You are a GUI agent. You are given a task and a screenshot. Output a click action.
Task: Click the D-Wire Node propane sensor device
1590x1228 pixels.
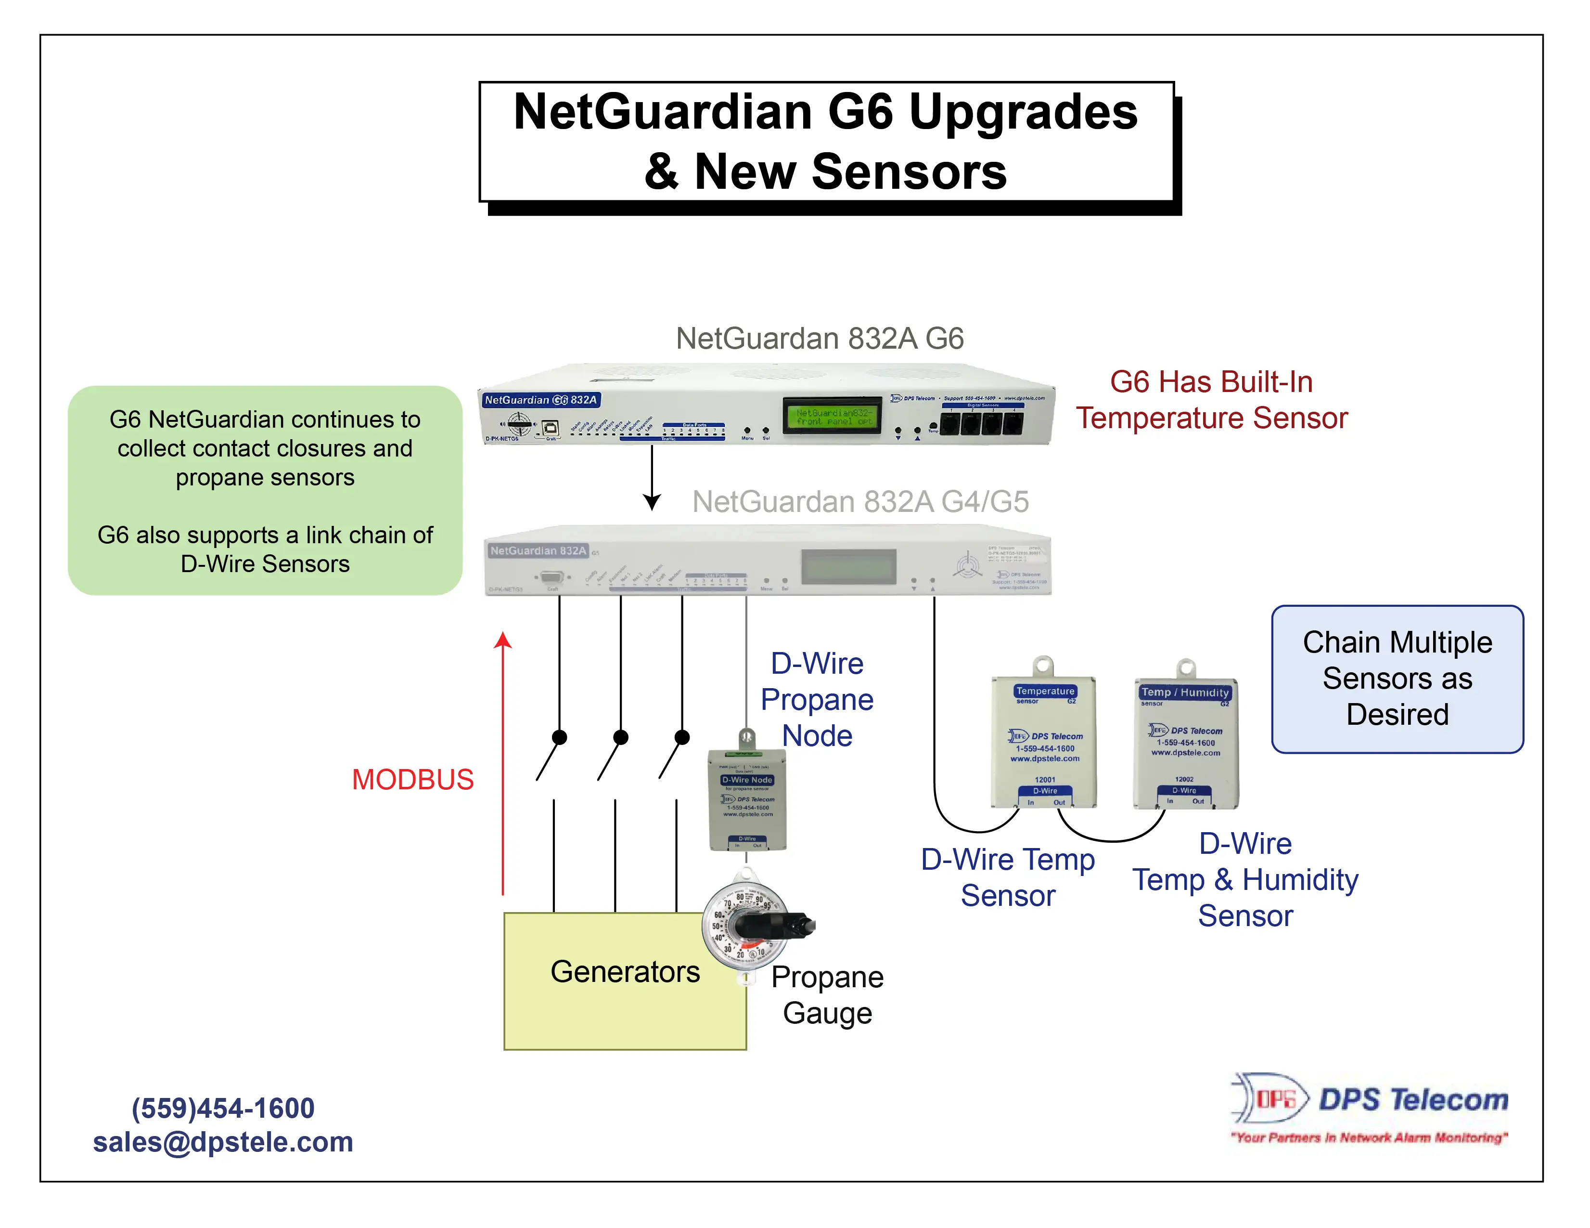tap(748, 801)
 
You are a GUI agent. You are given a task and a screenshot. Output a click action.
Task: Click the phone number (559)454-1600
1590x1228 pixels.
tap(223, 1108)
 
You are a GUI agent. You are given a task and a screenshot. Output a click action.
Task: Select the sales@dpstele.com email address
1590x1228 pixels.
tap(223, 1141)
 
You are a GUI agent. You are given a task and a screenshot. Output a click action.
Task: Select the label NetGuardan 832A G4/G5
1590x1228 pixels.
tap(860, 501)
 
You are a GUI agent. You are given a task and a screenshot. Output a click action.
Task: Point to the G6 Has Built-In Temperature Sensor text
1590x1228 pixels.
tap(1211, 400)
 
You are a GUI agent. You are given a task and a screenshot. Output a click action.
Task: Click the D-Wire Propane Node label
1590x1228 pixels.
tap(817, 699)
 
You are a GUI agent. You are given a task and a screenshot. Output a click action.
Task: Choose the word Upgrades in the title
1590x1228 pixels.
tap(1023, 112)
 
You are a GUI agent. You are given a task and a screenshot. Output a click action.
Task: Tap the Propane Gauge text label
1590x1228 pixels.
tap(827, 995)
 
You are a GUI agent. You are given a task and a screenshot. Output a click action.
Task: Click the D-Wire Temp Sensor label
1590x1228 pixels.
tap(1008, 877)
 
